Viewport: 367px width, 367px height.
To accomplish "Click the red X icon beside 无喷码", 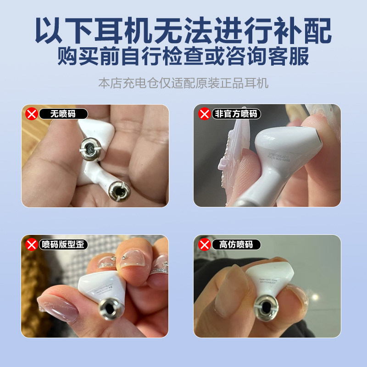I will click(x=31, y=114).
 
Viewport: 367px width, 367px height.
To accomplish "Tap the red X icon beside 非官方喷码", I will click(x=204, y=114).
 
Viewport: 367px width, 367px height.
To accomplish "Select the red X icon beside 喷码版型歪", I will click(x=31, y=245).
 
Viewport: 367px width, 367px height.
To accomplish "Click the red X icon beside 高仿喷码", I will click(x=204, y=245).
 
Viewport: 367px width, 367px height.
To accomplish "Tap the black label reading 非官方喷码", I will click(x=236, y=114).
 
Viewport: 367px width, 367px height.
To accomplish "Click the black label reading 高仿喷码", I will click(x=236, y=245).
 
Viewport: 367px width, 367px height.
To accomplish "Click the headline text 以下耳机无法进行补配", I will click(x=183, y=31).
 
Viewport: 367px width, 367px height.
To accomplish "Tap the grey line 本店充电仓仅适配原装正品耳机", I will click(x=183, y=83).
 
